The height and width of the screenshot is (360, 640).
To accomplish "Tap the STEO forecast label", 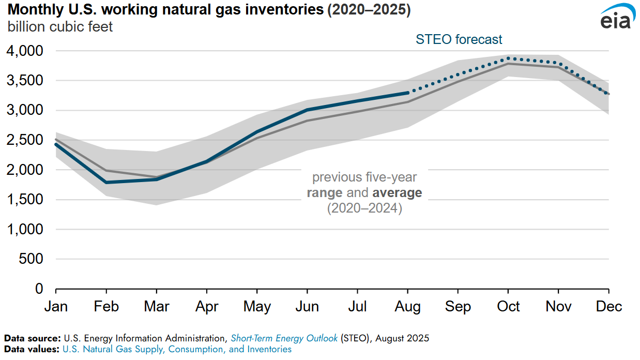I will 460,39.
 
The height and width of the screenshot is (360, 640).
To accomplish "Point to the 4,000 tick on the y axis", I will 25,51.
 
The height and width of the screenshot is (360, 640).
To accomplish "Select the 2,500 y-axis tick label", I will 25,140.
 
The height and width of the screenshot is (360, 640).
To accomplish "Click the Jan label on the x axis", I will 56,306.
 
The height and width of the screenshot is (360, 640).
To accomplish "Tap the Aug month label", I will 408,306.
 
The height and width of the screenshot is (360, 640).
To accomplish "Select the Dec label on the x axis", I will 608,306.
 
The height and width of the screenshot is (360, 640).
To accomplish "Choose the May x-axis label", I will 257,306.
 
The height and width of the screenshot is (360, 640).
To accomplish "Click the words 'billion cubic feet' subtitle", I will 60,26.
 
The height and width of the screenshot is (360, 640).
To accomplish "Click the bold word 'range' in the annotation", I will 325,193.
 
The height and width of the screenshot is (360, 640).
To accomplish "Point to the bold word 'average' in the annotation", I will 396,193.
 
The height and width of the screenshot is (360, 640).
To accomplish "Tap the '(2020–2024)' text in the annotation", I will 364,209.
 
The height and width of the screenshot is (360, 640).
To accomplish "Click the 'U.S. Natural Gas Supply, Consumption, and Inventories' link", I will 177,349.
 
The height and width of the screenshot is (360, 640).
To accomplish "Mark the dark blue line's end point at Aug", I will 408,93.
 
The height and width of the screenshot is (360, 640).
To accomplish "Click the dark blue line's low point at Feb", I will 106,182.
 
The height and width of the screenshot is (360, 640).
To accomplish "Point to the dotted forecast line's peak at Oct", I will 509,58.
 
